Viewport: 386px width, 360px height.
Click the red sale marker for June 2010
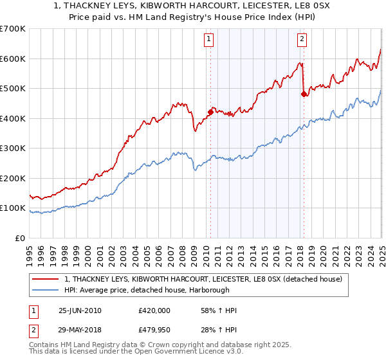tap(210, 112)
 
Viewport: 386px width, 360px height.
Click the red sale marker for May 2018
tap(304, 94)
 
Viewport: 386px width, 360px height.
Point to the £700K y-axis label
tap(13, 29)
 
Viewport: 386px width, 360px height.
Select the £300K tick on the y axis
tap(13, 148)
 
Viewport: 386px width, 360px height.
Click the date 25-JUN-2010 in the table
tap(80, 310)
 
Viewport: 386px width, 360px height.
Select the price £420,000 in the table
tap(154, 310)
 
